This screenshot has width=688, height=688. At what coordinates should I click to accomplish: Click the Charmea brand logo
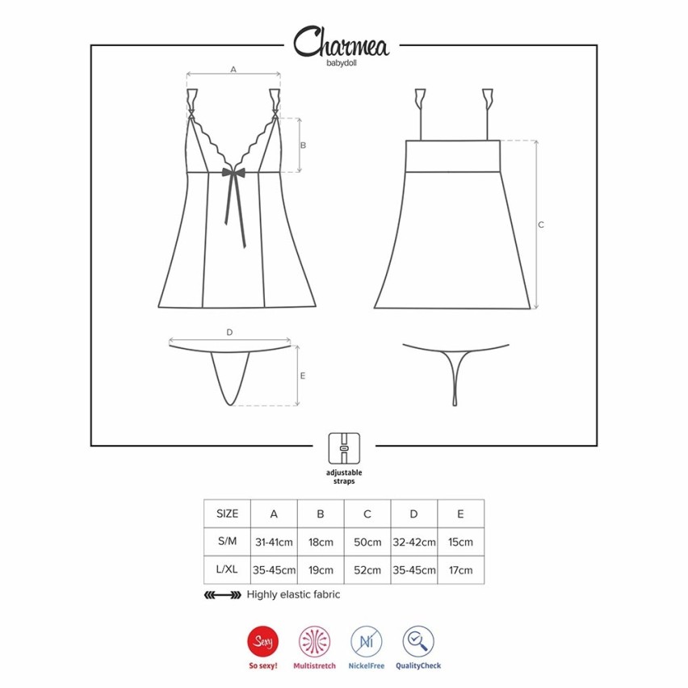341,42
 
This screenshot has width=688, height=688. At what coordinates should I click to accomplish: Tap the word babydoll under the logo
342,63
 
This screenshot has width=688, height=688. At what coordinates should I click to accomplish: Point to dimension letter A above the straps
233,69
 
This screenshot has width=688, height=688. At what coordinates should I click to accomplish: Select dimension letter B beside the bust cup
303,145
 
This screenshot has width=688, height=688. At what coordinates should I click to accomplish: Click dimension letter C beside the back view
541,224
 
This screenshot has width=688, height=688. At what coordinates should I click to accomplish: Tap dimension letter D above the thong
229,333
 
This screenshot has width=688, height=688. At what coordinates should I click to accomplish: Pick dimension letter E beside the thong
303,376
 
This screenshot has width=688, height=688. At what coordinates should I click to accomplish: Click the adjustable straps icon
344,448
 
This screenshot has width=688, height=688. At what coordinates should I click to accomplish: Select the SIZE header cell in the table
227,514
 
